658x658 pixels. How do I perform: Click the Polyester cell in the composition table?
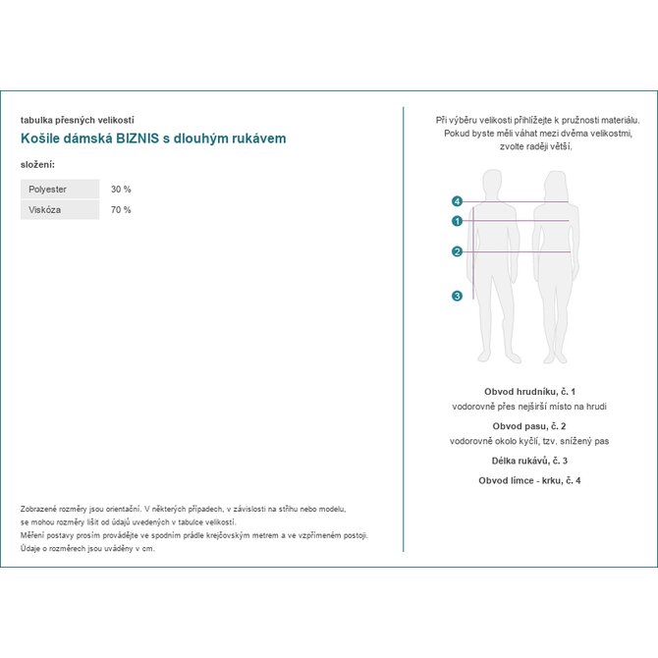48,189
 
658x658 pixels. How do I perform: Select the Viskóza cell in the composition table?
45,210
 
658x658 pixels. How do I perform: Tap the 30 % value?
121,189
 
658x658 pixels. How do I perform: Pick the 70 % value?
121,210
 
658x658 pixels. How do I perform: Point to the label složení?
37,164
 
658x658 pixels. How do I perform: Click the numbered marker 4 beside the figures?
457,201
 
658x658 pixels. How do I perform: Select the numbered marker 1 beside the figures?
457,221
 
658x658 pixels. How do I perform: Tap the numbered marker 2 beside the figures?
457,251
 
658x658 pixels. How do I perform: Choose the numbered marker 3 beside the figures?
457,296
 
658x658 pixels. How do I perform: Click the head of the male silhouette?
492,184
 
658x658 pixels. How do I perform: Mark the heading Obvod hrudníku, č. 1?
529,391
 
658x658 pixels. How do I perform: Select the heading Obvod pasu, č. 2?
529,426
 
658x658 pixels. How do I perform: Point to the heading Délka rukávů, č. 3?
529,461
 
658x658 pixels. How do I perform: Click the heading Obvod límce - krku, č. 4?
529,480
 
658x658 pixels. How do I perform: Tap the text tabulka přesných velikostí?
77,120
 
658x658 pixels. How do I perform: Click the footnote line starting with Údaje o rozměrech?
87,549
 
